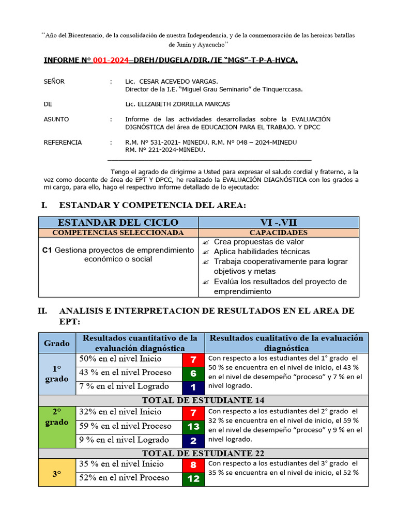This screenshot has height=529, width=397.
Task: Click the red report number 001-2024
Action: [x=111, y=60]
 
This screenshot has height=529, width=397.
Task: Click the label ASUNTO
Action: [x=56, y=119]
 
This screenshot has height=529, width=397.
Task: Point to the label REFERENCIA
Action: [x=63, y=142]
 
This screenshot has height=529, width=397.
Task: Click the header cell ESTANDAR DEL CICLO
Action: [x=118, y=222]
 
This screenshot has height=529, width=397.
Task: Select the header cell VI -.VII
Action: [x=279, y=222]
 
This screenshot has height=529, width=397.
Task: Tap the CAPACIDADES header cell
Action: [x=279, y=232]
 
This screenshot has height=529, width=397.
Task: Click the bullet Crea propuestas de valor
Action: [x=258, y=242]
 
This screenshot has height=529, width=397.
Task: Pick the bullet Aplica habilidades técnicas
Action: [x=262, y=252]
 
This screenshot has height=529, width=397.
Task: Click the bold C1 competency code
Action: [x=47, y=250]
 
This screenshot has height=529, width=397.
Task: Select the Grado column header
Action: [x=57, y=343]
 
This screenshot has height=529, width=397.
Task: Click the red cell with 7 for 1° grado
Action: [x=193, y=360]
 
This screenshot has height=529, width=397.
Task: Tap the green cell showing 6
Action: [x=193, y=374]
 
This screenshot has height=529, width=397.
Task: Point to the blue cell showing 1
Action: [x=193, y=387]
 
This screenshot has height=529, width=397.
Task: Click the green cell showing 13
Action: [x=193, y=427]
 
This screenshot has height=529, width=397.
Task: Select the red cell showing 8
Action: [x=193, y=465]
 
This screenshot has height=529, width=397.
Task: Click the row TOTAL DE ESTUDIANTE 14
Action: [x=203, y=400]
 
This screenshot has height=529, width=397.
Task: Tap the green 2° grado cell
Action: [x=57, y=426]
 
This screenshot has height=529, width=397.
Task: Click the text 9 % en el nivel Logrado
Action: [x=124, y=440]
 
